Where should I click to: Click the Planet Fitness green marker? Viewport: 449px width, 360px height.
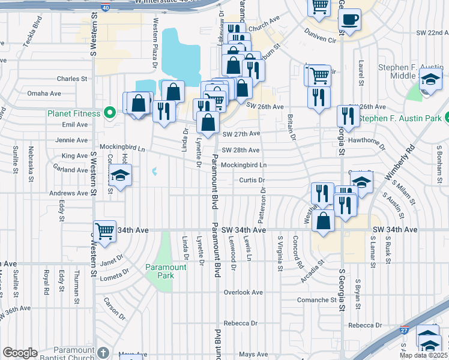109,113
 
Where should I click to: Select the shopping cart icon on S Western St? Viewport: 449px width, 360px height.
105,230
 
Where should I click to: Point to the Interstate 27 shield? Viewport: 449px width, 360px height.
403,330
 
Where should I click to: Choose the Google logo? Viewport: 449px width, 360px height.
20,353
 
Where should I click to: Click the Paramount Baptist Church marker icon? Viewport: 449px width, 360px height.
103,352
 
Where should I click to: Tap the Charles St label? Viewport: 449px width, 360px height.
72,79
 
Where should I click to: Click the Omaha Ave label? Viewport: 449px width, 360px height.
44,94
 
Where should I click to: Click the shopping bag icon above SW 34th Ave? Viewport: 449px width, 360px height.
324,220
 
